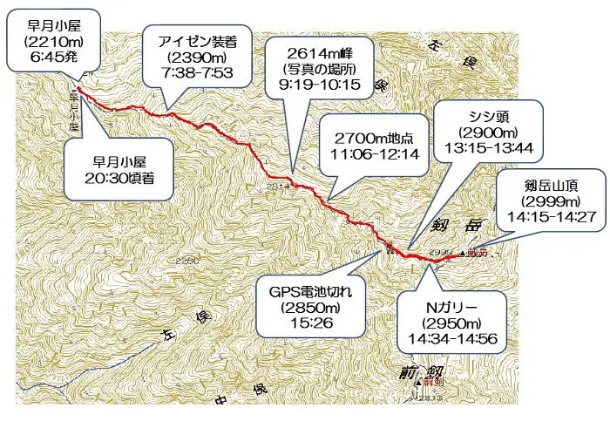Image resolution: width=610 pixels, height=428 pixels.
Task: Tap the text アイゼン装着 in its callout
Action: pos(200,41)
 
